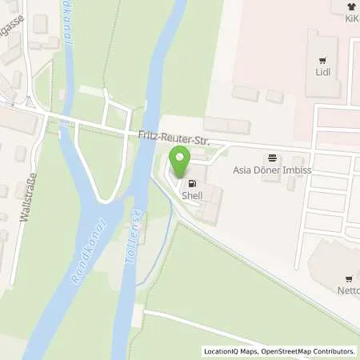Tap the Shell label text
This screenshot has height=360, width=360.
click(x=193, y=195)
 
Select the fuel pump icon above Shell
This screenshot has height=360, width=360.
click(x=192, y=183)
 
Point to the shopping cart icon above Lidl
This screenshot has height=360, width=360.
click(x=323, y=59)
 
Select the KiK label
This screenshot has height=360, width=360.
click(x=350, y=18)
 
